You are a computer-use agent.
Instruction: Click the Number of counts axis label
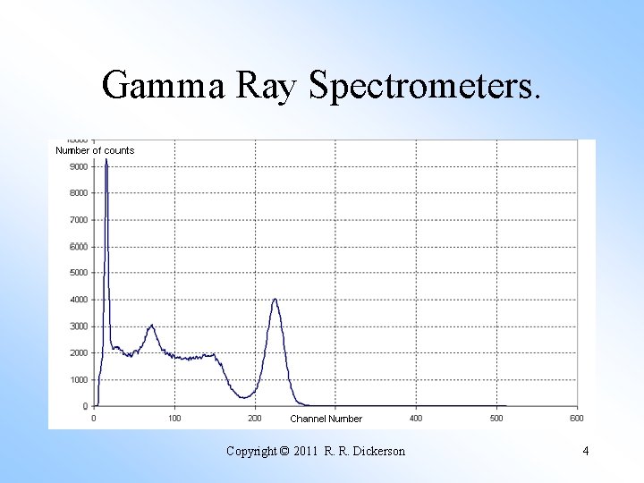click(x=95, y=150)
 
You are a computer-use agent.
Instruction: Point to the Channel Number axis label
click(x=326, y=419)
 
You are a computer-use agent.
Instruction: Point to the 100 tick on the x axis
click(x=174, y=418)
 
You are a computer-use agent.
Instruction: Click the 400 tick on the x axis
click(x=416, y=418)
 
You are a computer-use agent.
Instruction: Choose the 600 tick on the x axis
click(x=577, y=418)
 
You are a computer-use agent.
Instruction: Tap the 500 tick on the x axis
click(x=496, y=418)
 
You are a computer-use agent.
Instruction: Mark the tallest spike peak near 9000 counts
click(x=106, y=161)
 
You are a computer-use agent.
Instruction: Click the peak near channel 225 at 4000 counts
click(x=275, y=300)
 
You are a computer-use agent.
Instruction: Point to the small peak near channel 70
click(x=151, y=326)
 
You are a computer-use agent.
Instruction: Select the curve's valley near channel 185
click(x=243, y=397)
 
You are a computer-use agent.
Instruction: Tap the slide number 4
click(x=585, y=451)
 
